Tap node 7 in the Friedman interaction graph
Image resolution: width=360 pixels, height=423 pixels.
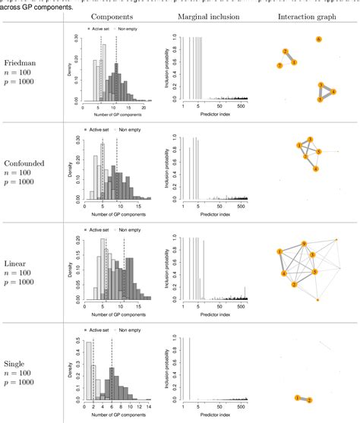tap(279, 67)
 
